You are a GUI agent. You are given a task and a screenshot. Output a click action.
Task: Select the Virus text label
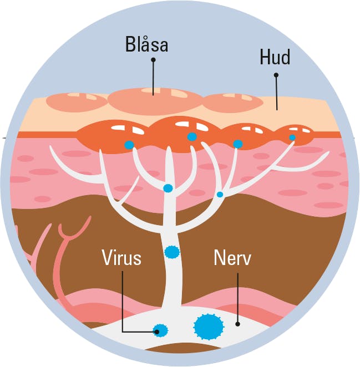[121, 258]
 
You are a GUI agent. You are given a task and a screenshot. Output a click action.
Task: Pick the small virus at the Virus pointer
[160, 331]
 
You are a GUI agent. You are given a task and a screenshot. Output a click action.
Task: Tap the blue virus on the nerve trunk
[173, 252]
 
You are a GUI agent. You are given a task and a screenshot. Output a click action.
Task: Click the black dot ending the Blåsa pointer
[153, 60]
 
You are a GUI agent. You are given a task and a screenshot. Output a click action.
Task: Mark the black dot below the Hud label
[276, 75]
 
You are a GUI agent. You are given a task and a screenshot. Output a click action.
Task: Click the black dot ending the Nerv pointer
[237, 323]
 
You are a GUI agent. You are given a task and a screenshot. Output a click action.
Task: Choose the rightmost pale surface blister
[233, 103]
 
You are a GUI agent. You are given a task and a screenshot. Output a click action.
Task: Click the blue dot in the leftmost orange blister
[129, 145]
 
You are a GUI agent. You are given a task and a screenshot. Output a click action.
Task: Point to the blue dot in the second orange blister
[192, 137]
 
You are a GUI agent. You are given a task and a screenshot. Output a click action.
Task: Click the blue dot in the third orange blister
[238, 144]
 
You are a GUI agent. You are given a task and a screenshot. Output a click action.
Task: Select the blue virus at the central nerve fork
[168, 188]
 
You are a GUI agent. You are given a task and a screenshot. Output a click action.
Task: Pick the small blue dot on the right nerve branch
[220, 195]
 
